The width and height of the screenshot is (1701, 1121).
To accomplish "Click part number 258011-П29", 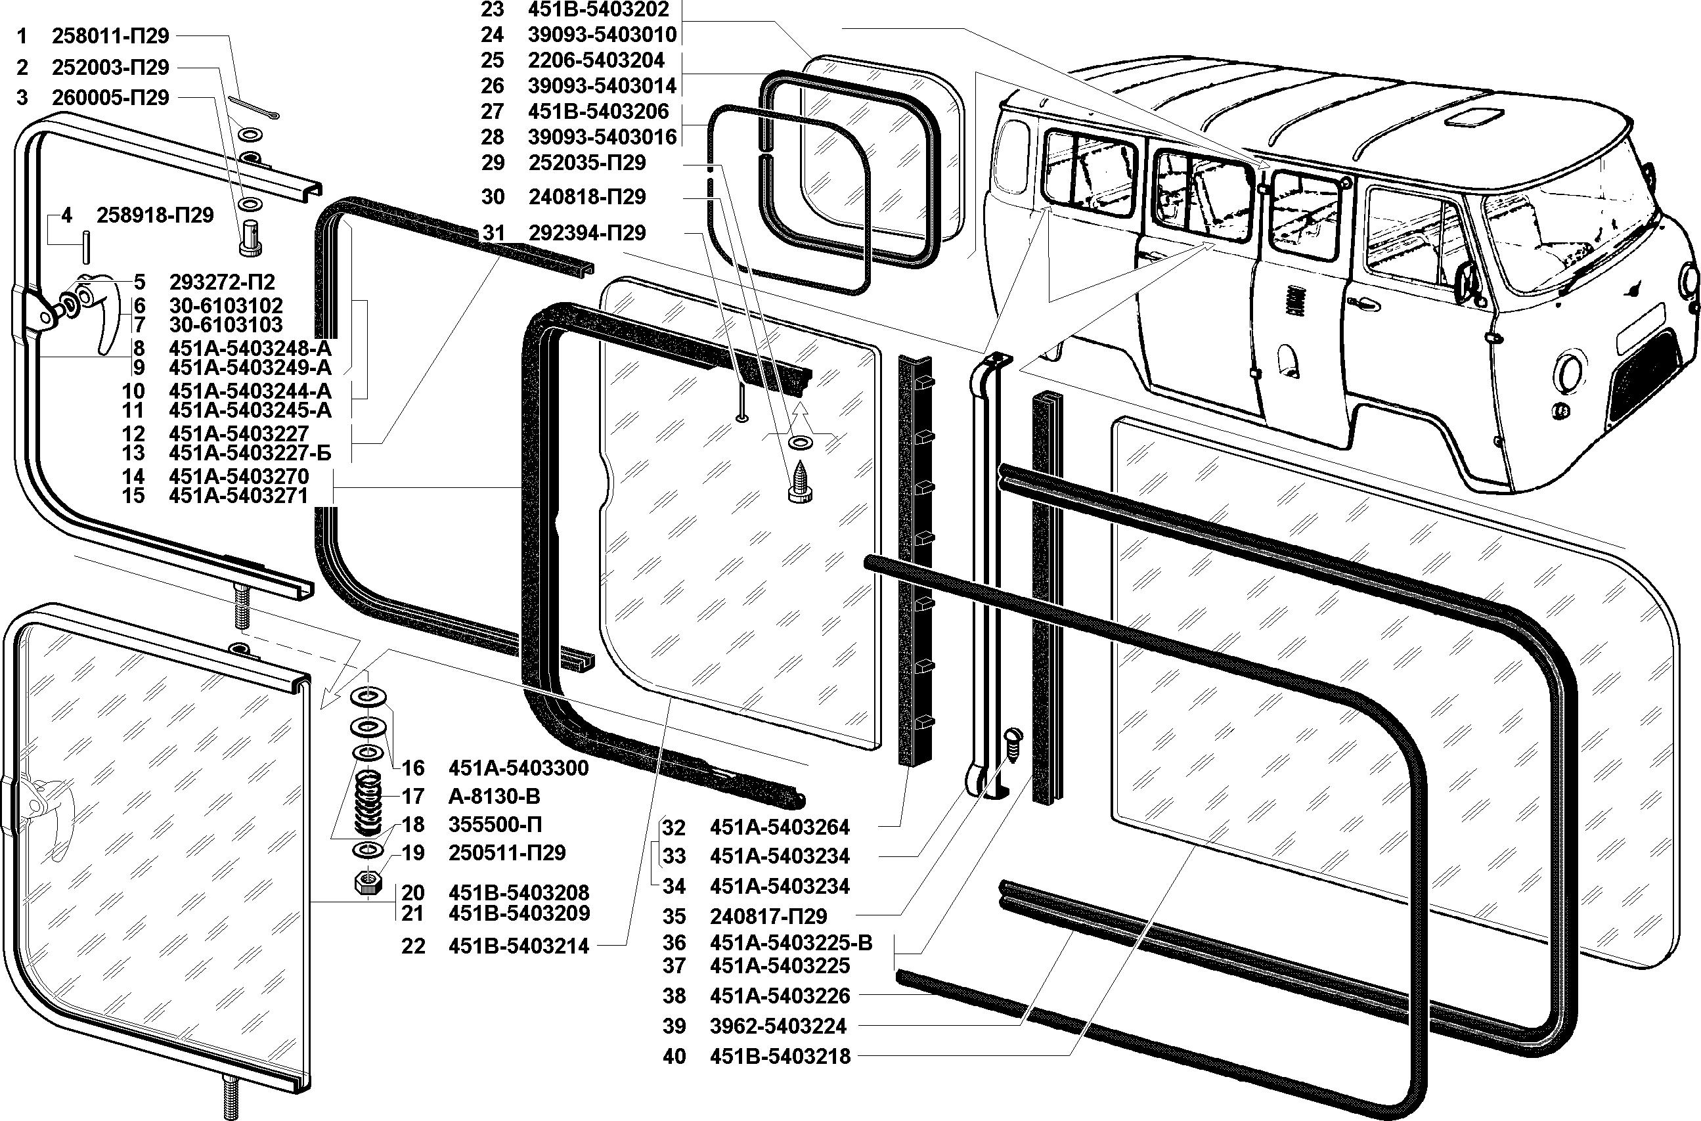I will point(110,37).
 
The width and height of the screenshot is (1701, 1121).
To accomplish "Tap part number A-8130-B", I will point(494,796).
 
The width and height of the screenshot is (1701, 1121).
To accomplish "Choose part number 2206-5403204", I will point(596,60).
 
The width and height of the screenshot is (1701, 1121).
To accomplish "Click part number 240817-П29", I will point(768,916).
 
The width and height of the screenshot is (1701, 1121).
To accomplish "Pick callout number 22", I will point(413,946).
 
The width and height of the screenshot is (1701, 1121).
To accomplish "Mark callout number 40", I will point(674,1056).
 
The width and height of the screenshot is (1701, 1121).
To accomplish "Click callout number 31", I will point(493,233).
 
